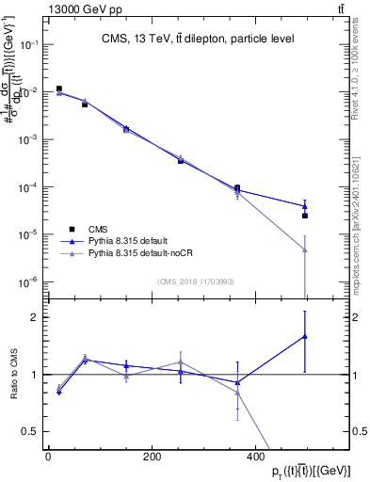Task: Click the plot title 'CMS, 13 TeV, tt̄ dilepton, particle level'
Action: click(x=199, y=39)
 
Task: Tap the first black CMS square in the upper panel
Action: click(x=59, y=89)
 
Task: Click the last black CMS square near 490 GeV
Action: click(x=305, y=216)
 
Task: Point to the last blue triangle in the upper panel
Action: click(x=305, y=206)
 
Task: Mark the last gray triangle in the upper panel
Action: click(x=305, y=249)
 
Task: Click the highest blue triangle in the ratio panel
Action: click(x=305, y=336)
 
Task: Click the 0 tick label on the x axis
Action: click(x=48, y=457)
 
